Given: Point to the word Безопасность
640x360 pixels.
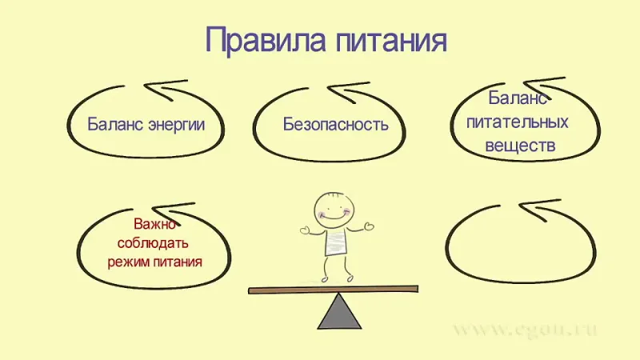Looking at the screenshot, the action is tap(335, 124).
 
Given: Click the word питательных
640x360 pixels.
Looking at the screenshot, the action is tap(517, 122).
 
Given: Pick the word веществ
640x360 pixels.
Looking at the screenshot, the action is tap(520, 146).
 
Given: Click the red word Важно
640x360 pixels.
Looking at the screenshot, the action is tap(154, 224).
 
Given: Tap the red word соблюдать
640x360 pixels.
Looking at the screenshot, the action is tap(153, 243).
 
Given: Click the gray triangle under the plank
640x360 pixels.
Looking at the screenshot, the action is tap(339, 311).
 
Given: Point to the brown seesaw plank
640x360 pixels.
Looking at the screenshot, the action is tap(334, 290).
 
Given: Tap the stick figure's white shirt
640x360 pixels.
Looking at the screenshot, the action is tap(335, 242).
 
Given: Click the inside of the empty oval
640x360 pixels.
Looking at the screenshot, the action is tap(521, 245).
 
